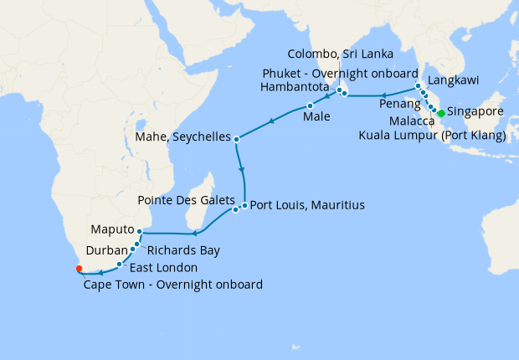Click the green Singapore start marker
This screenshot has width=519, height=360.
tap(441, 112)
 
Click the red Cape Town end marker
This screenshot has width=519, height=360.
tap(79, 269)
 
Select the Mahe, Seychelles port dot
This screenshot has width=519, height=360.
tap(237, 139)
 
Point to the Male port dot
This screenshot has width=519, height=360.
tap(310, 105)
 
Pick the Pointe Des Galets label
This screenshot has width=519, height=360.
tap(186, 201)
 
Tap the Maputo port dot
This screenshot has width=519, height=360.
tap(140, 231)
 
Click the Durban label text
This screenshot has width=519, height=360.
tap(106, 249)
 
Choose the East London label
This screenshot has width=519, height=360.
tap(163, 268)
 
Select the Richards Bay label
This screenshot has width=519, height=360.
tap(184, 249)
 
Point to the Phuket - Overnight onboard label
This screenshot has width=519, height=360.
tap(338, 73)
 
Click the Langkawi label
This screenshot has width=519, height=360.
tap(453, 80)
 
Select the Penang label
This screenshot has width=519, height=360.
tap(399, 103)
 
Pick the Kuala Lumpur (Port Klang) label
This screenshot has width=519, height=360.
tap(431, 135)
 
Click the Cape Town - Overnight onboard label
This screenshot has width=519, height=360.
tap(173, 285)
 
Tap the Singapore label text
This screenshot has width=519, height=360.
tap(475, 111)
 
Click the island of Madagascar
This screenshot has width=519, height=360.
tap(200, 198)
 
